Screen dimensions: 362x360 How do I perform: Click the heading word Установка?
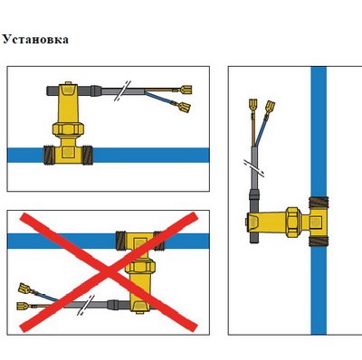pyautogui.click(x=35, y=39)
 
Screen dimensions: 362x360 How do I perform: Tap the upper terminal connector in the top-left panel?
pyautogui.click(x=186, y=90)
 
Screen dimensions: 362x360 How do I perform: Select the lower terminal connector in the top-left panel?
pyautogui.click(x=184, y=107)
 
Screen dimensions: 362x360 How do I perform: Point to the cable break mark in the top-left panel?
pyautogui.click(x=122, y=90)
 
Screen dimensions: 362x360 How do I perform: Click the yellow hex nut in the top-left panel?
pyautogui.click(x=68, y=128)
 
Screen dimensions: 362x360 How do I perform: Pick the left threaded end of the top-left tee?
pyautogui.click(x=49, y=155)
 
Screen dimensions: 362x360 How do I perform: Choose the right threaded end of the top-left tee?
pyautogui.click(x=87, y=155)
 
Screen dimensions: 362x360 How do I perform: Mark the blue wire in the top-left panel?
pyautogui.click(x=160, y=98)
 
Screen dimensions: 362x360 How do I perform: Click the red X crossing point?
pyautogui.click(x=109, y=271)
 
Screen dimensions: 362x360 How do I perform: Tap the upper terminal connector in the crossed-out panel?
pyautogui.click(x=24, y=289)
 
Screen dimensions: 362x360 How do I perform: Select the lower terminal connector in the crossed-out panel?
pyautogui.click(x=24, y=307)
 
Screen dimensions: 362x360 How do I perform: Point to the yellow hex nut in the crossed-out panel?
pyautogui.click(x=140, y=267)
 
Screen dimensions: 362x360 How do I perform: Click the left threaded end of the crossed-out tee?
pyautogui.click(x=121, y=241)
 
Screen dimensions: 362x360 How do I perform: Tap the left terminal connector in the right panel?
pyautogui.click(x=252, y=105)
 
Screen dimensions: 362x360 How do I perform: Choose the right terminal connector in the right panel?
pyautogui.click(x=270, y=108)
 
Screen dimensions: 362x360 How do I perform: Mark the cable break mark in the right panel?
pyautogui.click(x=254, y=168)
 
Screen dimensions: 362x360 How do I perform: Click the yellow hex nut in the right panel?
pyautogui.click(x=293, y=223)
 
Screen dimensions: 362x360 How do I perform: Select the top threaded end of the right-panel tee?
pyautogui.click(x=319, y=202)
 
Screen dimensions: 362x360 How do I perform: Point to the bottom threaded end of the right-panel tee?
pyautogui.click(x=319, y=241)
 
